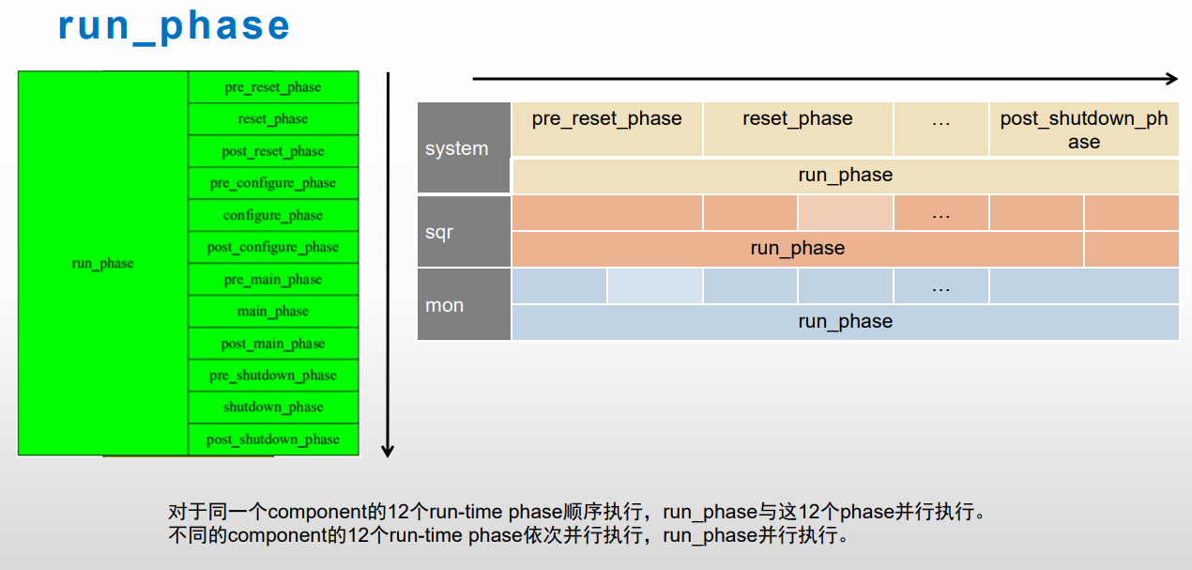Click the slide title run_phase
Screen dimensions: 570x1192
click(x=175, y=26)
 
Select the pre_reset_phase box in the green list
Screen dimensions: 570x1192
click(x=273, y=87)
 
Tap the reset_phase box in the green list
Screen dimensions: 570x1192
click(x=273, y=119)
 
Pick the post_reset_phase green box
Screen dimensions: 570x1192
click(x=273, y=151)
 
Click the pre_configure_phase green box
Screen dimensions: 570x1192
click(x=273, y=183)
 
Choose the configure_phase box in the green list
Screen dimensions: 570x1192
click(x=273, y=215)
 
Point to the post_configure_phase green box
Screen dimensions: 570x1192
click(x=273, y=247)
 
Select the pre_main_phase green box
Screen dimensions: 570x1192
click(x=273, y=280)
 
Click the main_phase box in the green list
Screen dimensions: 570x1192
click(x=273, y=312)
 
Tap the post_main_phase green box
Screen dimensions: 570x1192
click(x=273, y=344)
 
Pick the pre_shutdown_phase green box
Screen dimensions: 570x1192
click(x=273, y=376)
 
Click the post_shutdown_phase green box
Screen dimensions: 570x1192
click(x=273, y=439)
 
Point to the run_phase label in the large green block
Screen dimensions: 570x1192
click(x=103, y=264)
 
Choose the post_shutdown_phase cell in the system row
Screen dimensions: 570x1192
click(x=1084, y=130)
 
